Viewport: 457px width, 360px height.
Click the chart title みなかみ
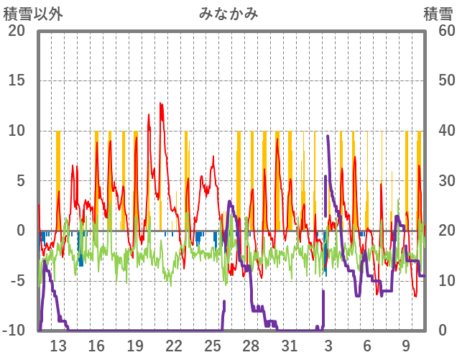pos(228,14)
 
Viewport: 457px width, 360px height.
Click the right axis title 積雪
pos(437,14)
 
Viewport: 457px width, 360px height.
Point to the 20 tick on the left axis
pos(16,30)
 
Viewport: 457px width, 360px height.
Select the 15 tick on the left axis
pos(16,80)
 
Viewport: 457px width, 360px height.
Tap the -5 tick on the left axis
pos(16,280)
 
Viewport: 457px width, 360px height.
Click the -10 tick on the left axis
pos(14,331)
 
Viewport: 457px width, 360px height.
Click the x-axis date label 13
pos(57,346)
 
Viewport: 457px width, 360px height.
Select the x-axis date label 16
pos(96,346)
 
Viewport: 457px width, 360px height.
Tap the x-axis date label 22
pos(173,346)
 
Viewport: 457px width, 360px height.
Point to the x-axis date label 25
pos(212,346)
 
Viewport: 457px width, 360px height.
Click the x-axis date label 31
pos(289,346)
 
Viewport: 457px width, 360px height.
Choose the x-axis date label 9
pos(406,346)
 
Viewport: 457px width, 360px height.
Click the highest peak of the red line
pos(161,103)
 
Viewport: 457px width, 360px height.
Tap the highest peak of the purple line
pos(328,135)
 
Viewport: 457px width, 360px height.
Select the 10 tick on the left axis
pos(16,130)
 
